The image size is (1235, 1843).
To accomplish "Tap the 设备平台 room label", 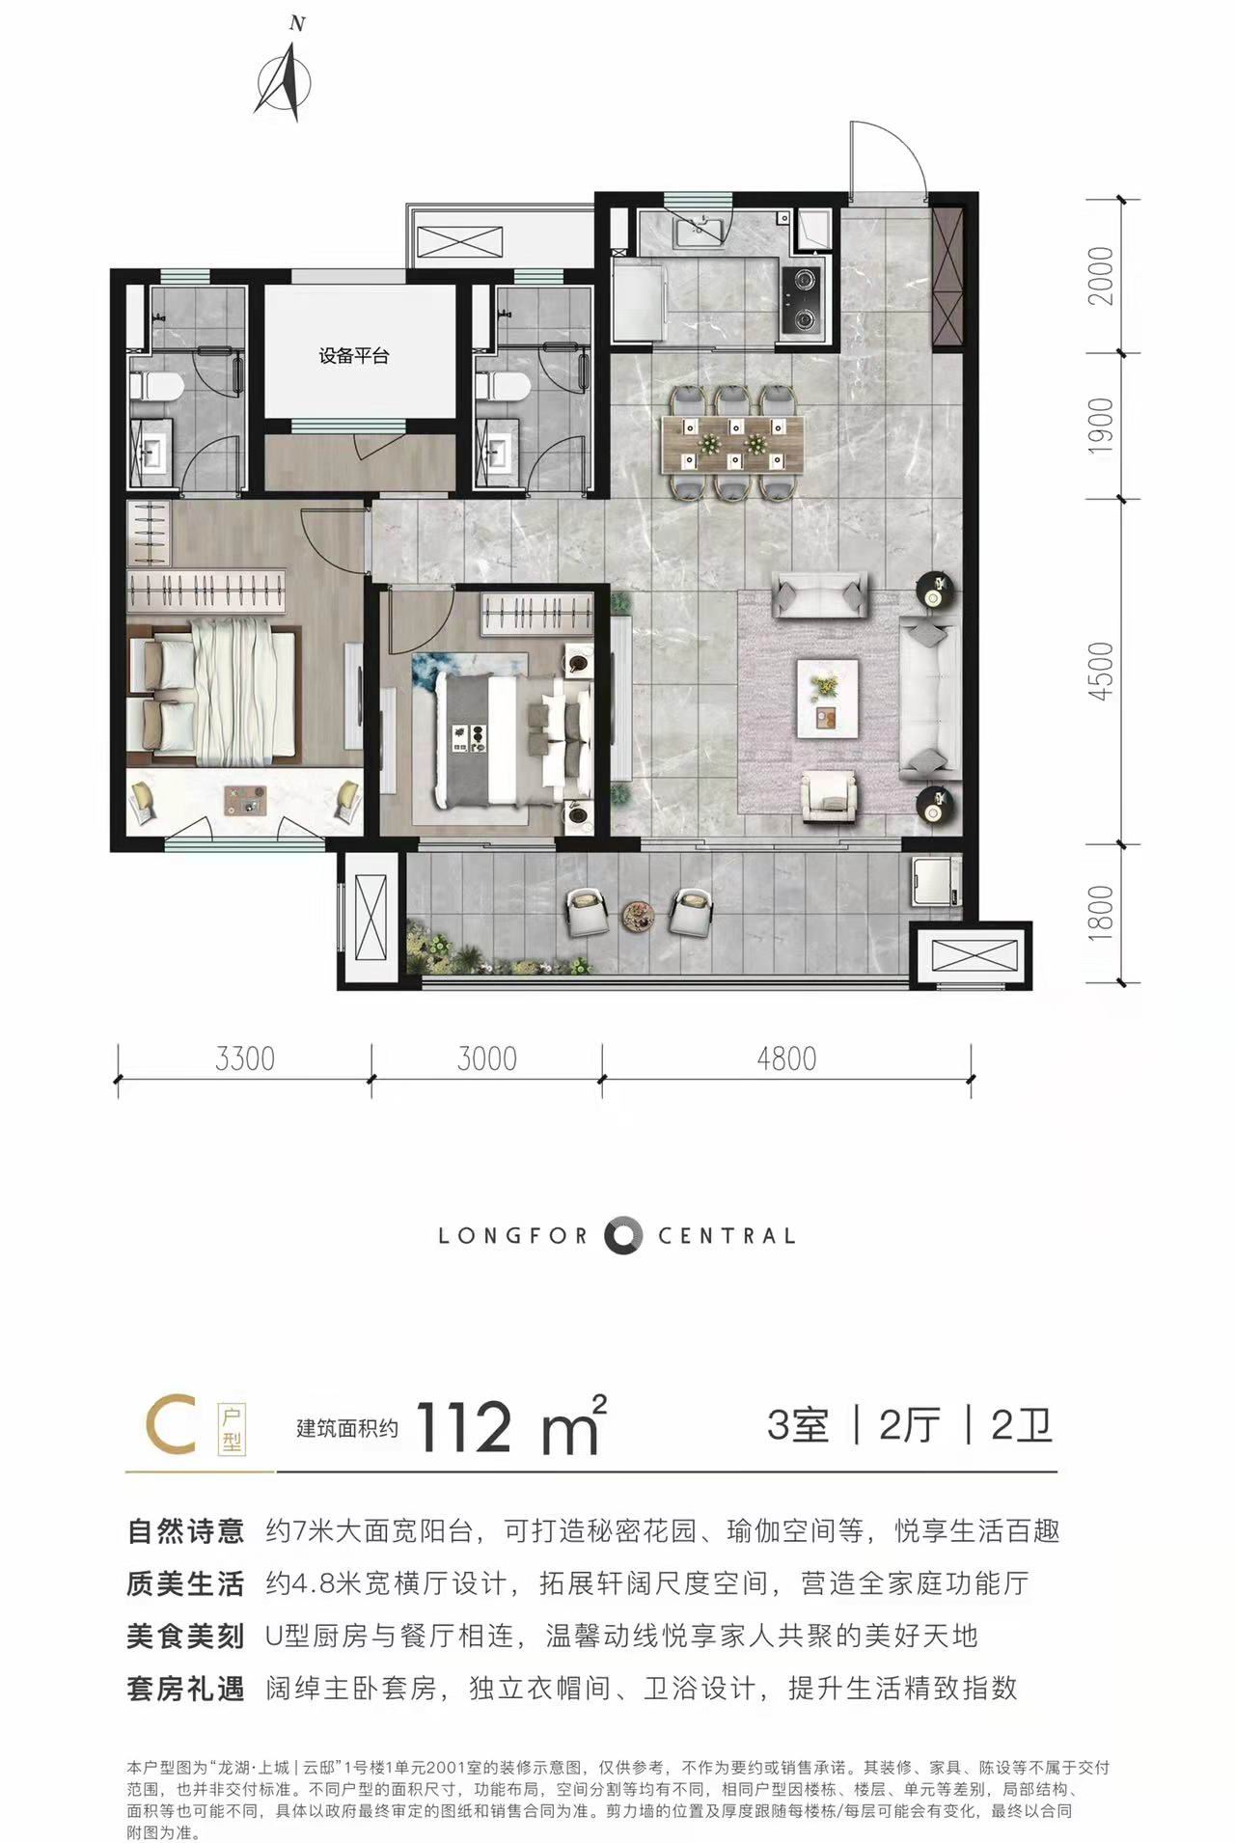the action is pyautogui.click(x=354, y=356).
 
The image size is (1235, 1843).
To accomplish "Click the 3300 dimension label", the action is pyautogui.click(x=245, y=1059).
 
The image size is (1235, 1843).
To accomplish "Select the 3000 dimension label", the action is pyautogui.click(x=487, y=1059).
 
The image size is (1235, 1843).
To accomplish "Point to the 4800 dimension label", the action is pyautogui.click(x=786, y=1059).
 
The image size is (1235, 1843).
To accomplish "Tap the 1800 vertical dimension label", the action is pyautogui.click(x=1100, y=913).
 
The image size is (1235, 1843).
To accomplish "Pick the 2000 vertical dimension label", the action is pyautogui.click(x=1100, y=276).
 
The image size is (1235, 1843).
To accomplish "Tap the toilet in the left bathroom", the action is pyautogui.click(x=158, y=387).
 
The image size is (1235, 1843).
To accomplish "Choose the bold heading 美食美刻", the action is pyautogui.click(x=184, y=1636).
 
